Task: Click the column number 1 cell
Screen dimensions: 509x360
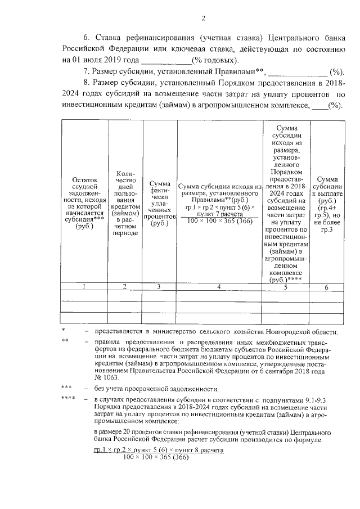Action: click(x=84, y=287)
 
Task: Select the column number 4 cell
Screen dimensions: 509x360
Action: click(x=219, y=287)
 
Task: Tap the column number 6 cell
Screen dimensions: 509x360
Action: click(x=326, y=287)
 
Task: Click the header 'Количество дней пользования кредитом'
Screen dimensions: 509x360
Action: click(x=124, y=202)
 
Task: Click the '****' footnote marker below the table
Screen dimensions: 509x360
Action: click(x=68, y=399)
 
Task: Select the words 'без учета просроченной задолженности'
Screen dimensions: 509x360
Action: click(x=156, y=389)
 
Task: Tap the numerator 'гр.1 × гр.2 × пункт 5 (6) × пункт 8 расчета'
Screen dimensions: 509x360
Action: click(x=159, y=451)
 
